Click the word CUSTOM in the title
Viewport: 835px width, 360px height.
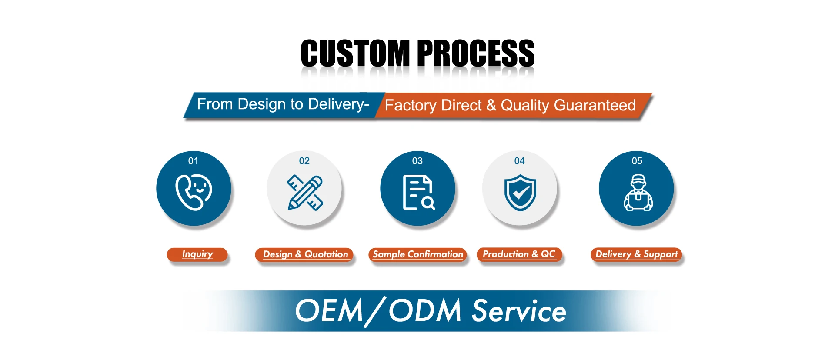coord(355,53)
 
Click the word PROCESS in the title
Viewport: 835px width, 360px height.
coord(476,53)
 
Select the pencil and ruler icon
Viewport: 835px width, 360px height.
coord(305,193)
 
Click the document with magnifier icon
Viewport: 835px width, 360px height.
coord(418,193)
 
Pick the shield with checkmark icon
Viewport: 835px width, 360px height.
coord(520,193)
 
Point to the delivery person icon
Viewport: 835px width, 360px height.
coord(638,193)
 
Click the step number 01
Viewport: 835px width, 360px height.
coord(193,161)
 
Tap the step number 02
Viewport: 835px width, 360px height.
coord(304,161)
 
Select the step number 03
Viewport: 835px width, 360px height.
coord(417,161)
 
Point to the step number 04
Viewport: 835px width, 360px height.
coord(520,161)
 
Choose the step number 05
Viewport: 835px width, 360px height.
coord(637,161)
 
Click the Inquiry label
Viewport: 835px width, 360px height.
coord(197,254)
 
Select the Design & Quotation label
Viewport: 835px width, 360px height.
coord(305,255)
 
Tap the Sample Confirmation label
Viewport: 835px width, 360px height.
coord(418,255)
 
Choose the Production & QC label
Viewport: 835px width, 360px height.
coord(519,254)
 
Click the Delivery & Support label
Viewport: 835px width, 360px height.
coord(637,254)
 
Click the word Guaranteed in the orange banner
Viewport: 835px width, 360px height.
coord(595,105)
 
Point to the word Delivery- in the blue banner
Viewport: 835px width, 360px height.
coord(338,104)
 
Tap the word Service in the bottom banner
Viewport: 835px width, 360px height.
coord(519,311)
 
